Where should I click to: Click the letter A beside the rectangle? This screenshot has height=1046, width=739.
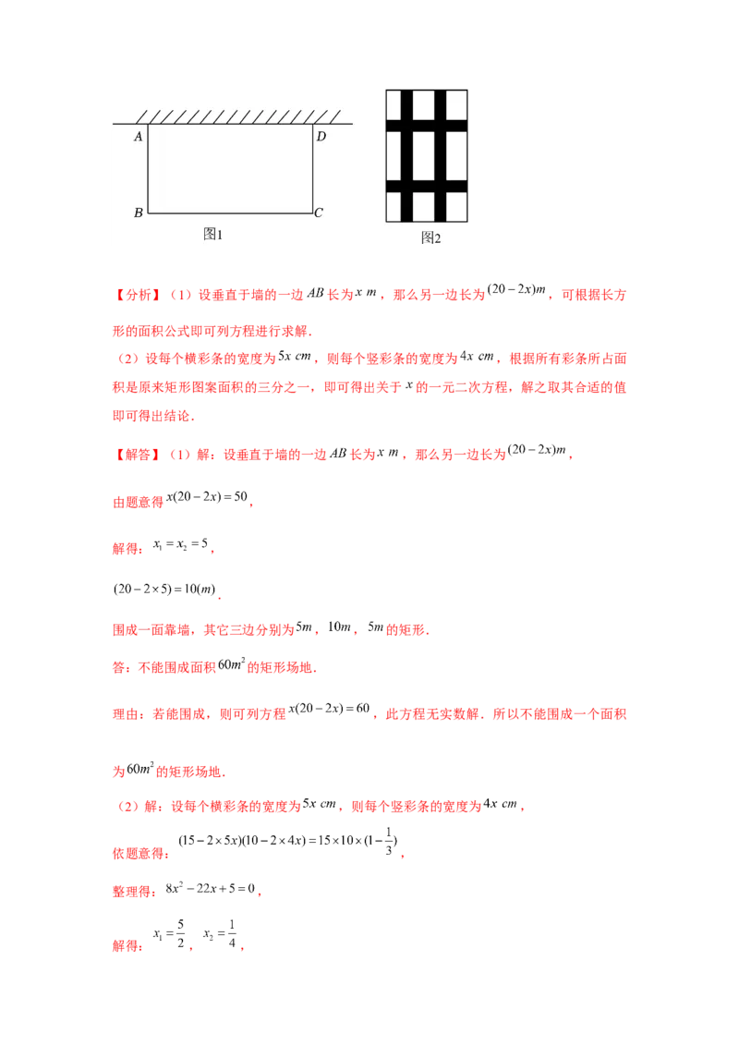[138, 137]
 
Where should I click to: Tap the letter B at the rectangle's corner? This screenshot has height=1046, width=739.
[138, 213]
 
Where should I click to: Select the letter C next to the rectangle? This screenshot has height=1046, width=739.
[319, 213]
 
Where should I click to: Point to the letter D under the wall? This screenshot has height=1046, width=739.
[321, 137]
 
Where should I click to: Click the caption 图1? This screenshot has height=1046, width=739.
[213, 235]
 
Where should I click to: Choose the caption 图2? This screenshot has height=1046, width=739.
[430, 237]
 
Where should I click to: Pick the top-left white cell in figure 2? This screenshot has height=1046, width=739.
[394, 104]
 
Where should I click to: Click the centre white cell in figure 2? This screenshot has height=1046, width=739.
[424, 156]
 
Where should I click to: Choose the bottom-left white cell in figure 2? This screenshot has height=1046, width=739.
[394, 206]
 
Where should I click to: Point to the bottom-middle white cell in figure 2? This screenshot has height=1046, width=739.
[424, 206]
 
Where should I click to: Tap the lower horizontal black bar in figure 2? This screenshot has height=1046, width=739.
[427, 187]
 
